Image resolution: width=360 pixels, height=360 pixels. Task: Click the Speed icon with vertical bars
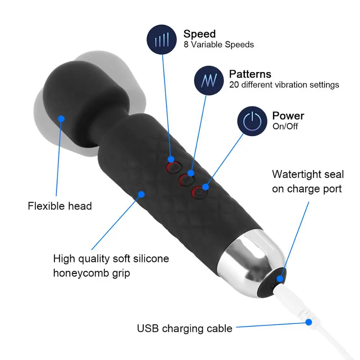pyautogui.click(x=162, y=40)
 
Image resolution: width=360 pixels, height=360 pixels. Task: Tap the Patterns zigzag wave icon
pyautogui.click(x=209, y=81)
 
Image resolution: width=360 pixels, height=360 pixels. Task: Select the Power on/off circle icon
pyautogui.click(x=252, y=121)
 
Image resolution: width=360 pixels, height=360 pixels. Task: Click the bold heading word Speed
pyautogui.click(x=199, y=34)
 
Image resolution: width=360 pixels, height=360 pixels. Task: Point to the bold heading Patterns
pyautogui.click(x=250, y=74)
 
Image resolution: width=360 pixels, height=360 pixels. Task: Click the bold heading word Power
pyautogui.click(x=288, y=116)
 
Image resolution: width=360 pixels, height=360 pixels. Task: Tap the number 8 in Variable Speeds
pyautogui.click(x=186, y=45)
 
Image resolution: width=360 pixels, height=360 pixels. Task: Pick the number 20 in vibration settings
pyautogui.click(x=234, y=85)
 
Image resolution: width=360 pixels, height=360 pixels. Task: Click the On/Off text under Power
pyautogui.click(x=285, y=126)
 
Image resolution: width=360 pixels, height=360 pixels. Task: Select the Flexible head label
pyautogui.click(x=60, y=206)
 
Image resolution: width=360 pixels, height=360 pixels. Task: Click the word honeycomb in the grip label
pyautogui.click(x=81, y=273)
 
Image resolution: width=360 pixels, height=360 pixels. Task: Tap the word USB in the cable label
pyautogui.click(x=148, y=328)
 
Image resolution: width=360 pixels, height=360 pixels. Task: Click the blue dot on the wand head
pyautogui.click(x=61, y=119)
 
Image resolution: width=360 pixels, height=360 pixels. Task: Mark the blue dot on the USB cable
pyautogui.click(x=309, y=322)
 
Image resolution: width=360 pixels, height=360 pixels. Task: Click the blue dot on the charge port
pyautogui.click(x=280, y=279)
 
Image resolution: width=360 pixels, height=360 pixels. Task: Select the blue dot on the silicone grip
pyautogui.click(x=141, y=194)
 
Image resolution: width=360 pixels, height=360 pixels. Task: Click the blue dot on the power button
pyautogui.click(x=206, y=187)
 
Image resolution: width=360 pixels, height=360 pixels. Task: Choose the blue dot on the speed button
pyautogui.click(x=171, y=159)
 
